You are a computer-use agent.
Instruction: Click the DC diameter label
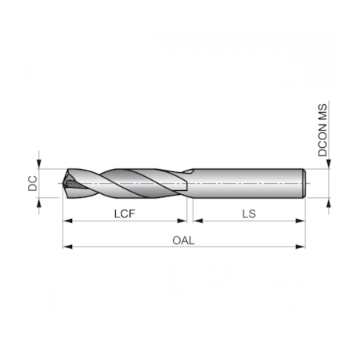click(32, 183)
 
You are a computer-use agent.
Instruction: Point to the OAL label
click(183, 240)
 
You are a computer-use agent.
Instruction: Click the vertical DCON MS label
click(322, 129)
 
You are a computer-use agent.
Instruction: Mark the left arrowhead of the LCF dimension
click(66, 221)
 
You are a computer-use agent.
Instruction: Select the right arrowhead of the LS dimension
click(301, 221)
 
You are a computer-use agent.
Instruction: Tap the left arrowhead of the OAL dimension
click(66, 247)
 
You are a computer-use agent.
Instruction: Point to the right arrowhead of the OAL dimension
click(301, 247)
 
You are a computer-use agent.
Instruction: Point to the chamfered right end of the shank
click(303, 183)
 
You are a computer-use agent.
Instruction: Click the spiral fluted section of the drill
click(125, 183)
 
